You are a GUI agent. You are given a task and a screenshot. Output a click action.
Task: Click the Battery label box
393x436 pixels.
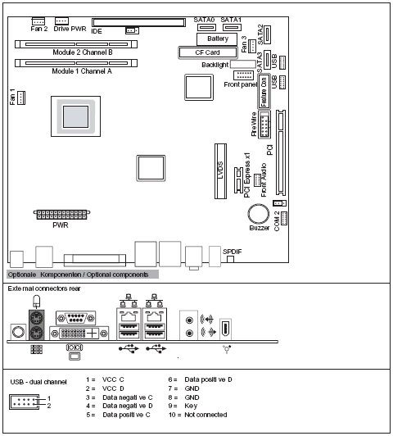click(x=218, y=39)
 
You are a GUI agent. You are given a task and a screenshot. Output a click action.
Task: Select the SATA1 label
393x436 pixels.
click(x=231, y=18)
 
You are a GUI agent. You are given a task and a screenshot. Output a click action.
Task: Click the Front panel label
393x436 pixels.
click(x=240, y=84)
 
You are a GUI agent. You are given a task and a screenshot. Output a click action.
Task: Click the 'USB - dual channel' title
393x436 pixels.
click(x=38, y=382)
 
